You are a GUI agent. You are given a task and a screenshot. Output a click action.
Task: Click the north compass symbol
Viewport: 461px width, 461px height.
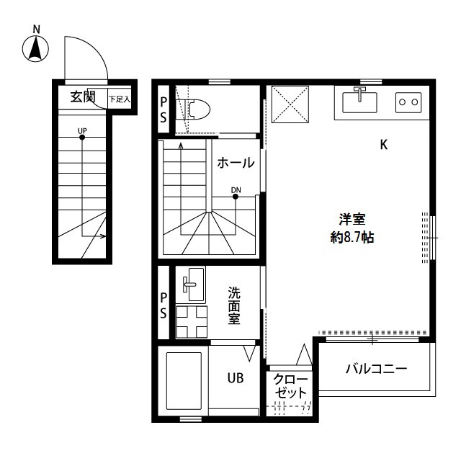[35, 49]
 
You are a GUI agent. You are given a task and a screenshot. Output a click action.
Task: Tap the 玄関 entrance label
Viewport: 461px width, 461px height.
[84, 97]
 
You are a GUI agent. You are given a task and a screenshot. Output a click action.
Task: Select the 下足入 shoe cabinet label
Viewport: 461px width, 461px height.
[120, 99]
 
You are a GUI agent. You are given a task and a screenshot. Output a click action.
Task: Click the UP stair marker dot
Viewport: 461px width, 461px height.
[82, 138]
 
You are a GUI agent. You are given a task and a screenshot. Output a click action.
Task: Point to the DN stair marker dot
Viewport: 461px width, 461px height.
[236, 197]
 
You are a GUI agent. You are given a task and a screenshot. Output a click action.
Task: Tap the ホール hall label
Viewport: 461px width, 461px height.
[236, 163]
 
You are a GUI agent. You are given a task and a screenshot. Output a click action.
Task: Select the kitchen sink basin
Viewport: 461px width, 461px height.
[359, 102]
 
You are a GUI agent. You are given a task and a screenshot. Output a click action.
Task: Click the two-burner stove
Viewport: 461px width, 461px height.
[408, 102]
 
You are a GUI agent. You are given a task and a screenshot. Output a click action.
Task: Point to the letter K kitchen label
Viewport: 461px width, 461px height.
[384, 145]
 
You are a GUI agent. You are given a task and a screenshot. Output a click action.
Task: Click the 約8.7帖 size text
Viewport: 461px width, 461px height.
[352, 237]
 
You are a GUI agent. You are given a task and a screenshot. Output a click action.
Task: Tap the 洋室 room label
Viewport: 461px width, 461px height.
[352, 219]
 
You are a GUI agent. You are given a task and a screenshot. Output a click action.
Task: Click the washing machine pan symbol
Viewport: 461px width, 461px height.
[192, 322]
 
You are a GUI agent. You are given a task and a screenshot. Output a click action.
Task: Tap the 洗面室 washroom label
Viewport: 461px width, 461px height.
[234, 305]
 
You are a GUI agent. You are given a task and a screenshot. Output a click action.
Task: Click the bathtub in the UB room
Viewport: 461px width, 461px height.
[184, 381]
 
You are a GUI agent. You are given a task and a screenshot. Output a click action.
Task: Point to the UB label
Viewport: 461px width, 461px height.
[236, 378]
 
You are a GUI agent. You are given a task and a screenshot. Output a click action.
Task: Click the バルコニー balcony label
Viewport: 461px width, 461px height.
[377, 368]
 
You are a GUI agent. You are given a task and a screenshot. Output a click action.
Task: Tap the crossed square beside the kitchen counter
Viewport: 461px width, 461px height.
[290, 104]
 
